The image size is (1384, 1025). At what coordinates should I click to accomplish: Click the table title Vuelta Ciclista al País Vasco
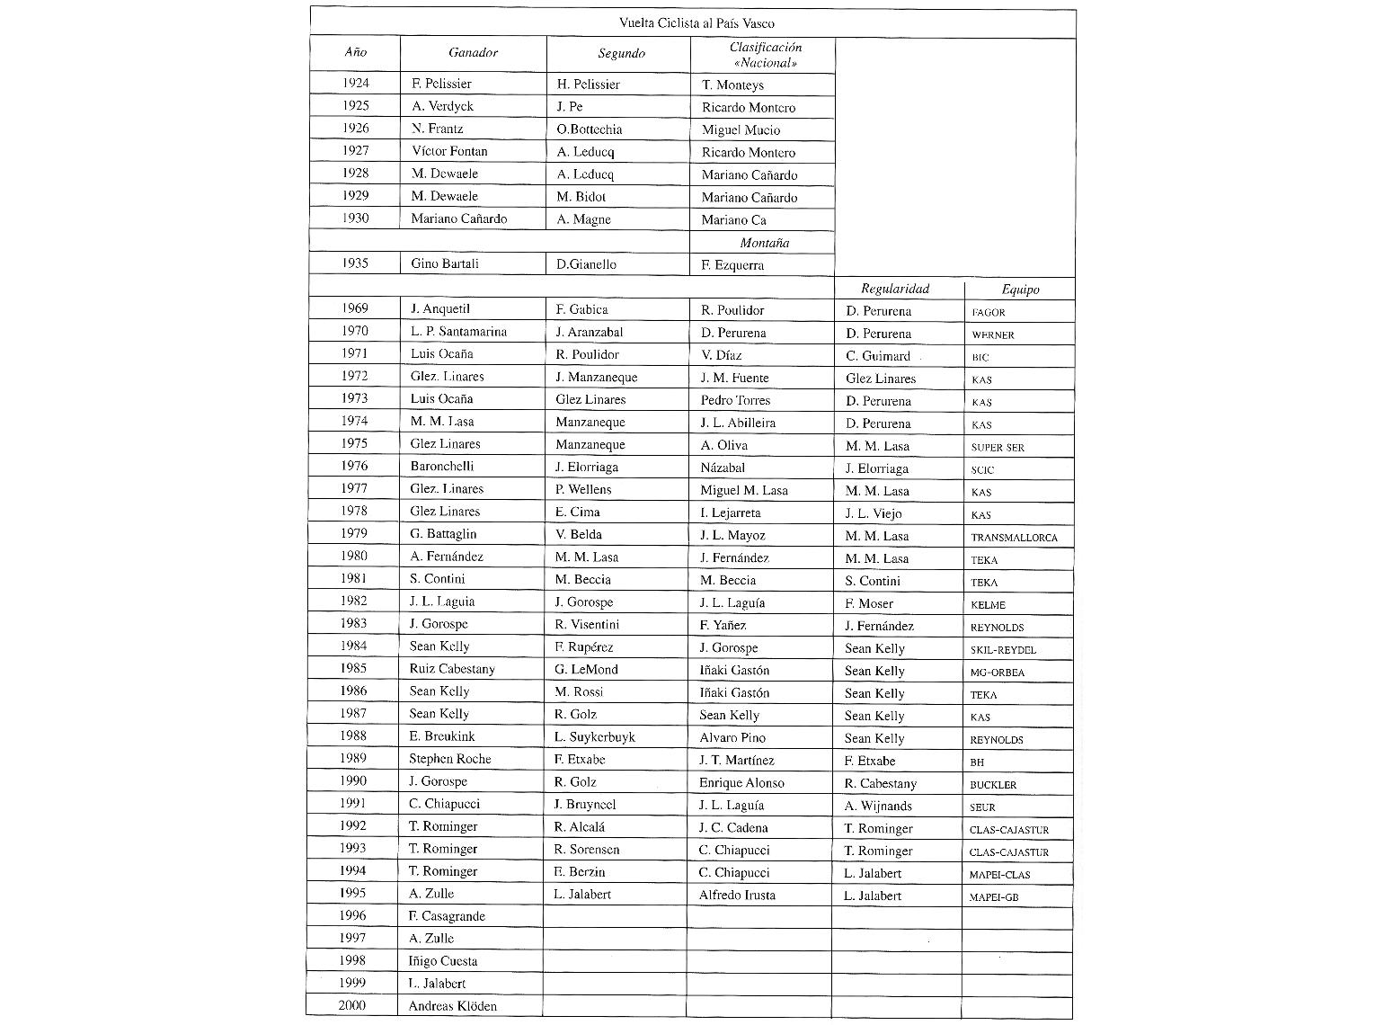coord(696,23)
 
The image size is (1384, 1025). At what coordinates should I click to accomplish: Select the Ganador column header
coord(473,53)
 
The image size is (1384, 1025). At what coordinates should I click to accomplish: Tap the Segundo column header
coord(621,54)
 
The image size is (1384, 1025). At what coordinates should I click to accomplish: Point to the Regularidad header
coord(895,289)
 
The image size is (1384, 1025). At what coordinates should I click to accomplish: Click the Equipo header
coord(1020,290)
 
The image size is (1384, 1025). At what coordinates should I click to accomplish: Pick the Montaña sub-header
coord(764,243)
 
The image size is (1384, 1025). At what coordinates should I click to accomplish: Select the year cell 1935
coord(355,263)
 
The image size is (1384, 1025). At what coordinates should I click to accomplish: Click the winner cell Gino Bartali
coord(444,263)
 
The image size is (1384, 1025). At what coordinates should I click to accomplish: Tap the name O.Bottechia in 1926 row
coord(589,129)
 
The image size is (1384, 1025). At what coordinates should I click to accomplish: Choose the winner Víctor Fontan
coord(449,151)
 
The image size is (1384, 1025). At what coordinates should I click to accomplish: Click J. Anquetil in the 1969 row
coord(439,309)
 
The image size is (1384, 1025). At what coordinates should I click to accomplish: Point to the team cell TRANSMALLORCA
coord(1014,538)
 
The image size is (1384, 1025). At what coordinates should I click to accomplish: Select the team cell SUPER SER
coord(998,448)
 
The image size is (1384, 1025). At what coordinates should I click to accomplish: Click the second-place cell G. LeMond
coord(586,670)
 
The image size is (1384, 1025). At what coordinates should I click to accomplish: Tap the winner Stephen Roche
coord(449,759)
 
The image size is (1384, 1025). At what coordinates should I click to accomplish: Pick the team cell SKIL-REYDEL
coord(1003,650)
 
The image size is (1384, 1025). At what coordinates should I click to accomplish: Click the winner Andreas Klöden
coord(452,1006)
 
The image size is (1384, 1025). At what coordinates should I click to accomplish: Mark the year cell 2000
coord(351,1005)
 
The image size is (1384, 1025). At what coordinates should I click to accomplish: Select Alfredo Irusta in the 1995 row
coord(737,896)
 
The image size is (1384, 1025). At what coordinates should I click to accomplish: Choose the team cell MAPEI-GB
coord(994,897)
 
